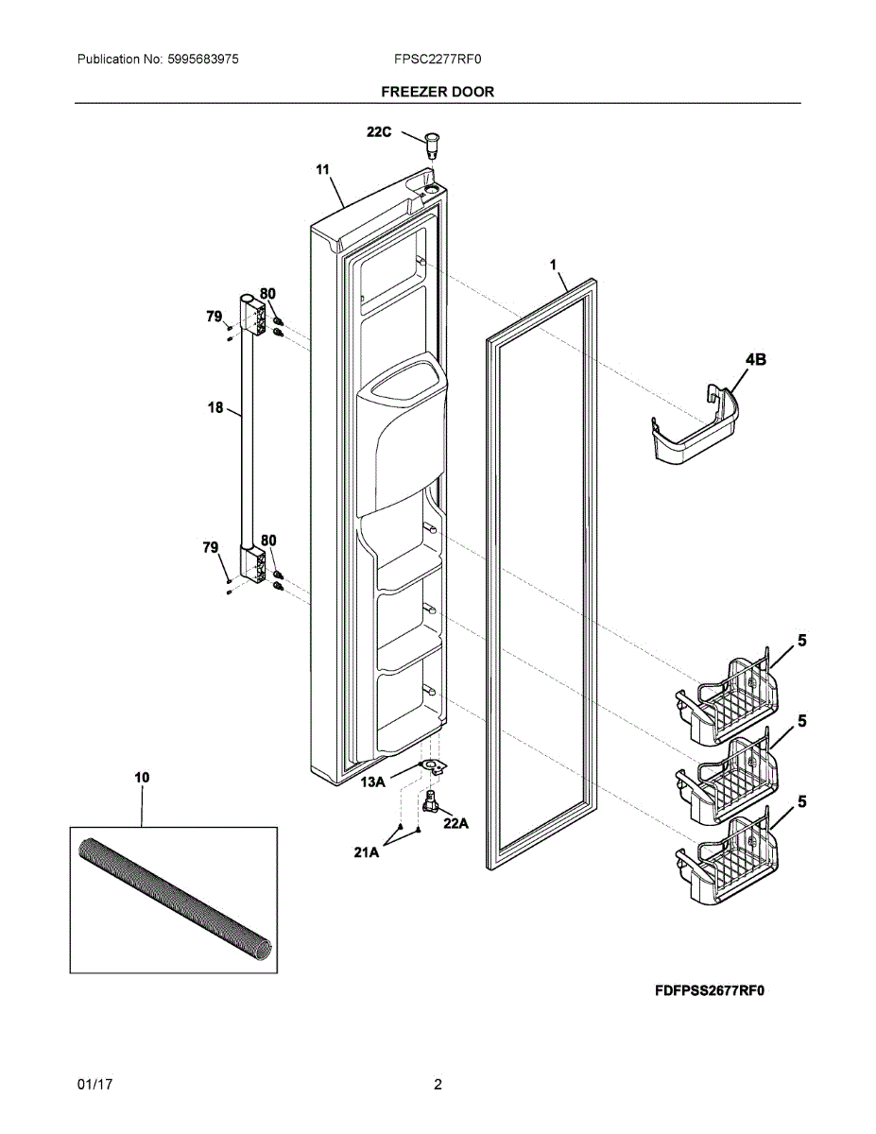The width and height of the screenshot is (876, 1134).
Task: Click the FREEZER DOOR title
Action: pyautogui.click(x=438, y=92)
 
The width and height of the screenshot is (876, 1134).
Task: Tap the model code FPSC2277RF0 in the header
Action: pyautogui.click(x=438, y=60)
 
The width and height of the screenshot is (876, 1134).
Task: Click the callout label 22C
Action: pyautogui.click(x=379, y=133)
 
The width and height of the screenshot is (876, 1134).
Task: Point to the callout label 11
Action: pyautogui.click(x=322, y=170)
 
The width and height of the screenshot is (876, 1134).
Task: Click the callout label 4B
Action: pyautogui.click(x=755, y=359)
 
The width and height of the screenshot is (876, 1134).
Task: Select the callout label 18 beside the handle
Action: pyautogui.click(x=215, y=408)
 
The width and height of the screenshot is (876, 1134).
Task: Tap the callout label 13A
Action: pyautogui.click(x=373, y=782)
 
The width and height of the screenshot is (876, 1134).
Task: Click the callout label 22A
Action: pyautogui.click(x=455, y=823)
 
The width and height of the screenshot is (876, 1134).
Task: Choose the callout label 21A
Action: pyautogui.click(x=367, y=852)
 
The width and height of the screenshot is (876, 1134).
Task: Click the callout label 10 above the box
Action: pyautogui.click(x=142, y=778)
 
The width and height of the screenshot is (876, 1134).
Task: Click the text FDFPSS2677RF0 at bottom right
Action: pyautogui.click(x=709, y=991)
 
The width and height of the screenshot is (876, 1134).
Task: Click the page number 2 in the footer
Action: pyautogui.click(x=438, y=1085)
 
